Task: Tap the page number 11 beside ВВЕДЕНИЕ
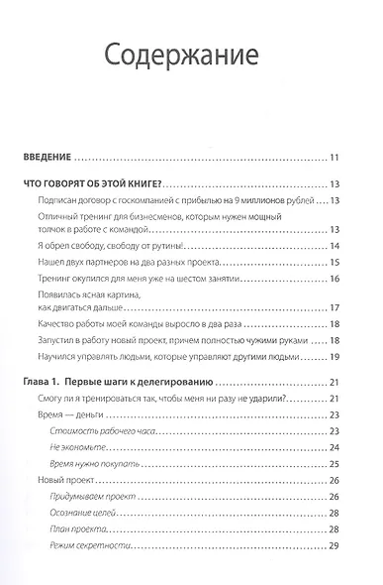click(x=335, y=157)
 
